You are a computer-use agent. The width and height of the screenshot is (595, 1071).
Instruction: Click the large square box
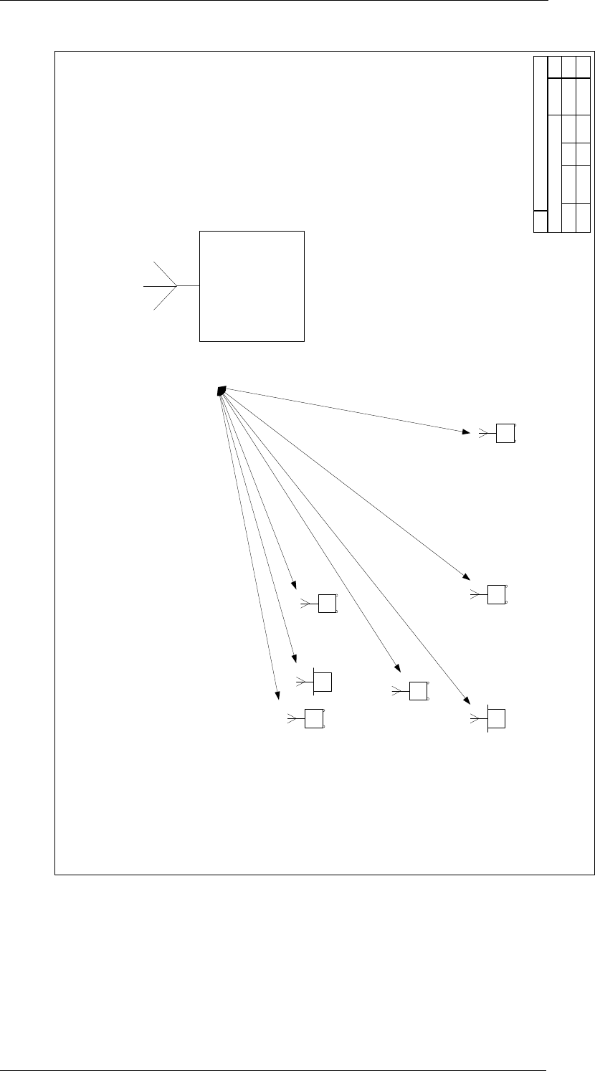pyautogui.click(x=252, y=286)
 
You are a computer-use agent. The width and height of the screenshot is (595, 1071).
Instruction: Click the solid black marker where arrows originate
pyautogui.click(x=222, y=391)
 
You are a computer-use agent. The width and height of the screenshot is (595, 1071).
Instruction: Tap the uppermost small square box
pyautogui.click(x=505, y=433)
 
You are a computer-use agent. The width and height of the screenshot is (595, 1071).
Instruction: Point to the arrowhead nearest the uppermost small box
pyautogui.click(x=465, y=432)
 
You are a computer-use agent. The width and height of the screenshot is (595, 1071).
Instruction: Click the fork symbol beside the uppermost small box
pyautogui.click(x=483, y=433)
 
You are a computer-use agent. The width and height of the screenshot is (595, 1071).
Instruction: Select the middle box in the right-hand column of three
pyautogui.click(x=496, y=594)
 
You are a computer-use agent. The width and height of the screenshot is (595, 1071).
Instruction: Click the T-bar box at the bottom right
pyautogui.click(x=496, y=719)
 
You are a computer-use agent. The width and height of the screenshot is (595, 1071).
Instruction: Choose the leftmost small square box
pyautogui.click(x=313, y=718)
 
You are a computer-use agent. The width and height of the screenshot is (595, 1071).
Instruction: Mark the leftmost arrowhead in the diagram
pyautogui.click(x=276, y=693)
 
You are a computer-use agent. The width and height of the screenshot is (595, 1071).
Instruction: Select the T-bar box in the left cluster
pyautogui.click(x=323, y=682)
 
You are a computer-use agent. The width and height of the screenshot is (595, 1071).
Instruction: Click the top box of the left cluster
pyautogui.click(x=327, y=604)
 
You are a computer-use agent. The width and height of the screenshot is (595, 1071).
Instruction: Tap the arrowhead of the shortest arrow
pyautogui.click(x=293, y=585)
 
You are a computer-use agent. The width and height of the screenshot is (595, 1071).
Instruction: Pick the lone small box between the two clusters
pyautogui.click(x=418, y=691)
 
